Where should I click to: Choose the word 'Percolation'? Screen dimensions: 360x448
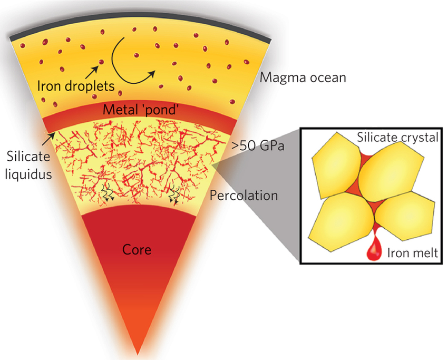click(244, 196)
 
